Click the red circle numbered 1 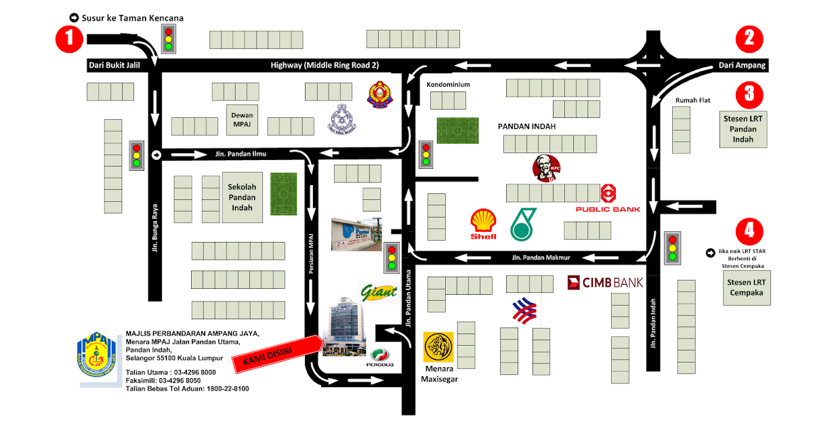point(68,39)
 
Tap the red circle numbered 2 point(749,38)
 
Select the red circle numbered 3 point(749,94)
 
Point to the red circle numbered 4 point(749,230)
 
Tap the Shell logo point(484,224)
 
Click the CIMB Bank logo point(605,282)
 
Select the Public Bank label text point(608,209)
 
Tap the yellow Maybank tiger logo point(438,347)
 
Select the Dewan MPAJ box point(242,120)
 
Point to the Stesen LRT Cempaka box point(745,287)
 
